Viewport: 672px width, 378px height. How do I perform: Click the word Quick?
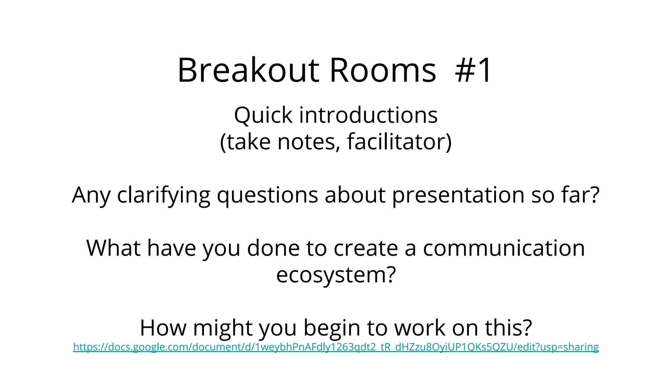click(x=263, y=115)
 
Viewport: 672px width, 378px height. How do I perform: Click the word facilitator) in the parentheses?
click(x=399, y=142)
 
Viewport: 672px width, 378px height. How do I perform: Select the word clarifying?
click(x=163, y=195)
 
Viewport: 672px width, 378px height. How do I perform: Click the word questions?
click(x=267, y=195)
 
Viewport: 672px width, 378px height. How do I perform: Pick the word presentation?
click(x=458, y=195)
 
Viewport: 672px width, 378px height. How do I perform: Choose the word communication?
click(x=504, y=248)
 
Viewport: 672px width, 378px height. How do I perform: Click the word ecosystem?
click(x=336, y=275)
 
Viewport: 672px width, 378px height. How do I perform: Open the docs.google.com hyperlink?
click(x=336, y=347)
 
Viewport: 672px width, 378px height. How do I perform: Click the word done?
click(x=273, y=248)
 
